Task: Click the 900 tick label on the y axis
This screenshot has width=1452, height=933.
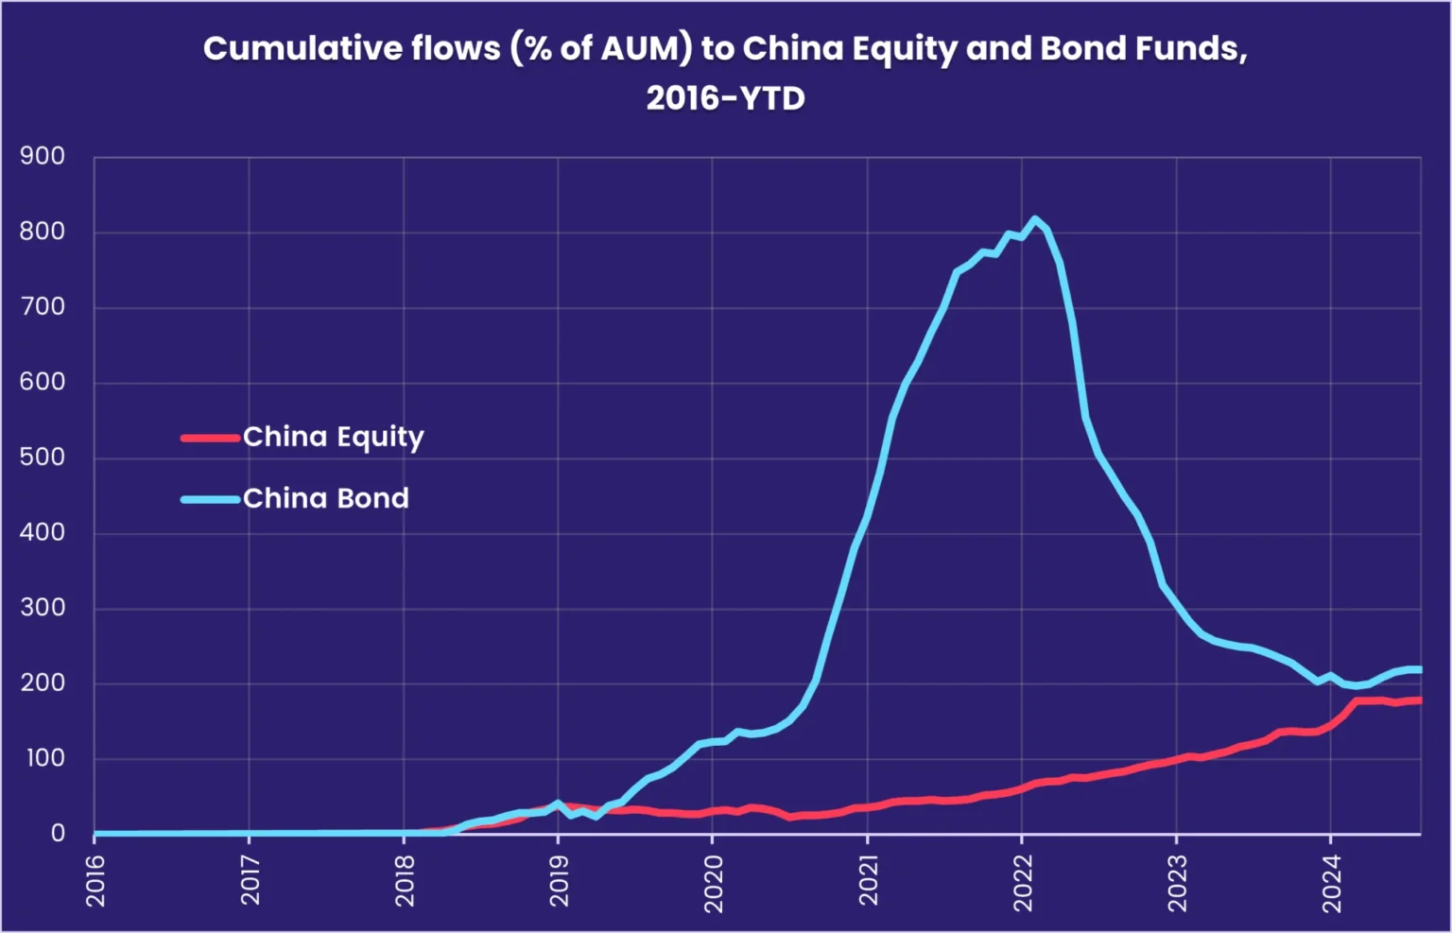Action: pyautogui.click(x=43, y=156)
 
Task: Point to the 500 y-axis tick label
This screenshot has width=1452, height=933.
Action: pyautogui.click(x=43, y=457)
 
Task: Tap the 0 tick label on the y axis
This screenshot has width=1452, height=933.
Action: pyautogui.click(x=58, y=833)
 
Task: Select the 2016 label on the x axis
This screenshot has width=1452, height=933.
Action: pyautogui.click(x=95, y=880)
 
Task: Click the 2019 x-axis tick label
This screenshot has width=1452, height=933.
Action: pyautogui.click(x=559, y=880)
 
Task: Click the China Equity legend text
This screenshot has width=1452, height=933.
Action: pyautogui.click(x=333, y=437)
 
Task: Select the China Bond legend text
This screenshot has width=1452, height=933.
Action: pyautogui.click(x=325, y=498)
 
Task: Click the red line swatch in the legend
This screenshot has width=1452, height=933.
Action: pyautogui.click(x=210, y=438)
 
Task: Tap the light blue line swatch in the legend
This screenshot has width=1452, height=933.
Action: pyautogui.click(x=210, y=499)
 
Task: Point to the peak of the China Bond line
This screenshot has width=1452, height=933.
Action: pyautogui.click(x=1035, y=219)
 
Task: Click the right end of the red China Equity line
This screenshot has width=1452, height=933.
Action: pyautogui.click(x=1419, y=700)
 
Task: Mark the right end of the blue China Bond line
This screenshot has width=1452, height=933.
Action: pyautogui.click(x=1419, y=670)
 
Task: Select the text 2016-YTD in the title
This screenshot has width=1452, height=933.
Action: pyautogui.click(x=725, y=97)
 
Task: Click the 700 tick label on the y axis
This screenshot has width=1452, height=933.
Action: pyautogui.click(x=43, y=306)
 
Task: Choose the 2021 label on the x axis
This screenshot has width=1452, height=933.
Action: pyautogui.click(x=868, y=880)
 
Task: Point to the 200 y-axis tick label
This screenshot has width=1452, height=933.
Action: pyautogui.click(x=43, y=682)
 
